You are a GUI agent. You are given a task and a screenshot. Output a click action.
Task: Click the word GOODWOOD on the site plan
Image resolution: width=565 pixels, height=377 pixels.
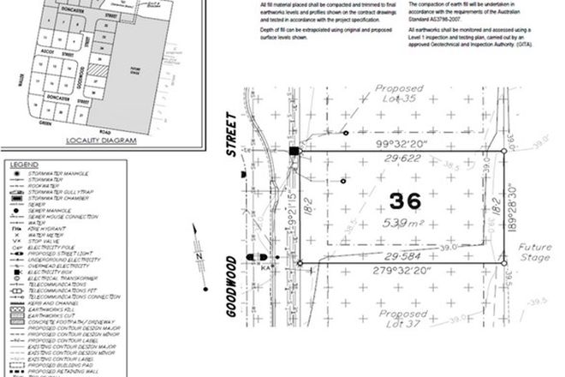pyautogui.click(x=230, y=285)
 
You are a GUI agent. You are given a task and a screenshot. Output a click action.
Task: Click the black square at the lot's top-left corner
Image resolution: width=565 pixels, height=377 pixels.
pyautogui.click(x=294, y=152)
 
